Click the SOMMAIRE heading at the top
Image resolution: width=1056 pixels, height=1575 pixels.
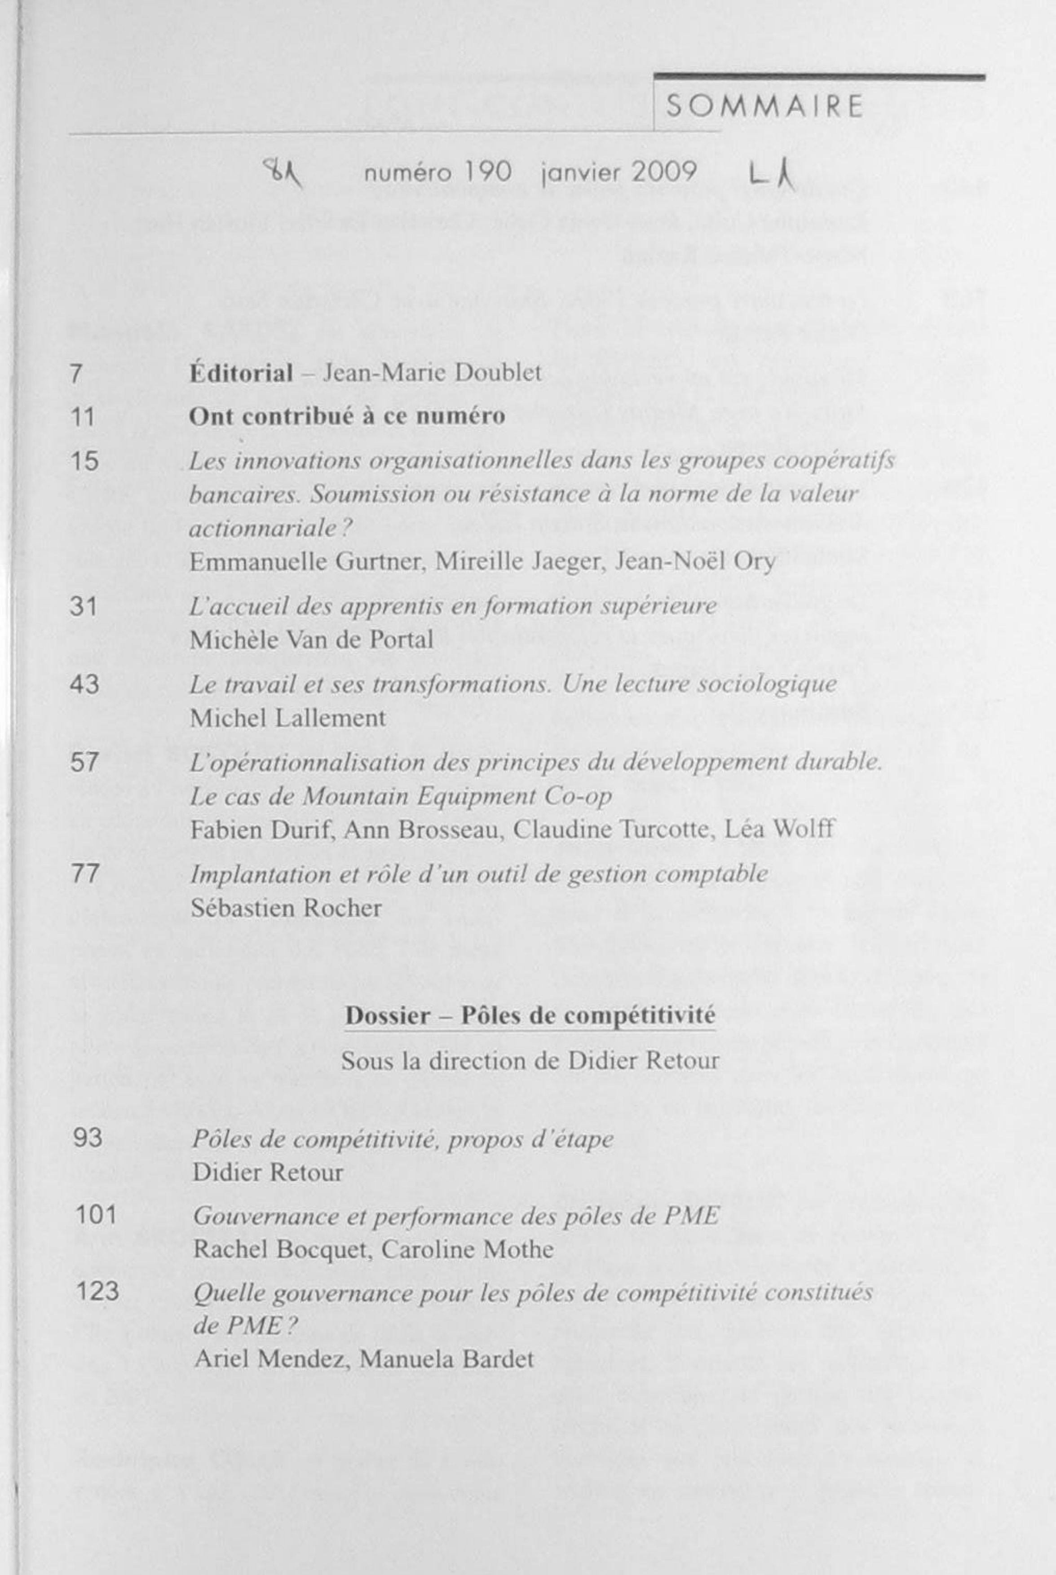[x=764, y=107]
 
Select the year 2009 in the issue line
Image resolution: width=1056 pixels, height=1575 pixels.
[x=663, y=172]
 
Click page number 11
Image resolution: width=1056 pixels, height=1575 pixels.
[x=82, y=418]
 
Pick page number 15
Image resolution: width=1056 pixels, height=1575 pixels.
[x=84, y=461]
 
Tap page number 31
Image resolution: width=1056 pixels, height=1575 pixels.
[x=84, y=607]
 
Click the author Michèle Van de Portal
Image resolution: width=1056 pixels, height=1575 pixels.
[x=311, y=640]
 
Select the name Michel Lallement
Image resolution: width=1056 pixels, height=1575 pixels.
[x=287, y=719]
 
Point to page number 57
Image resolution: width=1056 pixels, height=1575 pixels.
[x=84, y=763]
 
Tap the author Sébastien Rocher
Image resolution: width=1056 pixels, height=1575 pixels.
[x=286, y=909]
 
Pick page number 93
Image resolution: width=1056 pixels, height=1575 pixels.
[x=88, y=1138]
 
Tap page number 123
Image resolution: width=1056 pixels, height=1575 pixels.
[x=97, y=1292]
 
